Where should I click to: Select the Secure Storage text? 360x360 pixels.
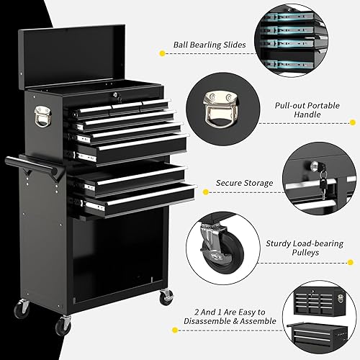coord(244,183)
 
